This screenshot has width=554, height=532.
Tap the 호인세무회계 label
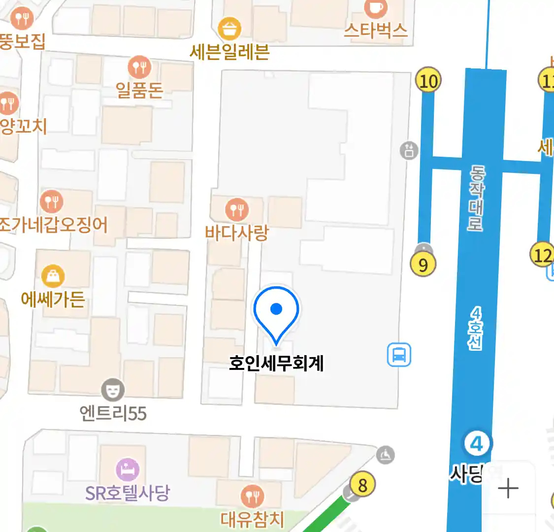click(x=276, y=364)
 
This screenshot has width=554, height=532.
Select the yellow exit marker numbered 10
click(x=428, y=80)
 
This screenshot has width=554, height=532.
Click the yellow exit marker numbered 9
click(x=423, y=265)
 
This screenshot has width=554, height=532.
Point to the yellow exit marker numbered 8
click(x=362, y=485)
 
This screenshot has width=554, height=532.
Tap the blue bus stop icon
click(x=399, y=355)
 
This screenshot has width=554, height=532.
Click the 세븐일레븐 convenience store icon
click(x=229, y=29)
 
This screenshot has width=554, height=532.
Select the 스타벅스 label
click(x=376, y=31)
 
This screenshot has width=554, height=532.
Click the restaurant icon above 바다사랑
click(x=237, y=210)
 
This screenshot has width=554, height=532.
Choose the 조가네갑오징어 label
click(x=53, y=225)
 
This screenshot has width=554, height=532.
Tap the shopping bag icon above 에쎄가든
click(x=53, y=276)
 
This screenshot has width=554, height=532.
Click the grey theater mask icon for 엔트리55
click(x=113, y=390)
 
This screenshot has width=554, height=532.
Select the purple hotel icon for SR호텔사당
click(x=128, y=469)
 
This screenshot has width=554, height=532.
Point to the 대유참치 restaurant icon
click(x=252, y=497)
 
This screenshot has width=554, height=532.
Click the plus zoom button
click(x=508, y=489)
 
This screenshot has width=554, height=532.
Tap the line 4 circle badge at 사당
click(x=477, y=444)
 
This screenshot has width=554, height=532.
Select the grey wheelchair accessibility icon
click(x=385, y=455)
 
